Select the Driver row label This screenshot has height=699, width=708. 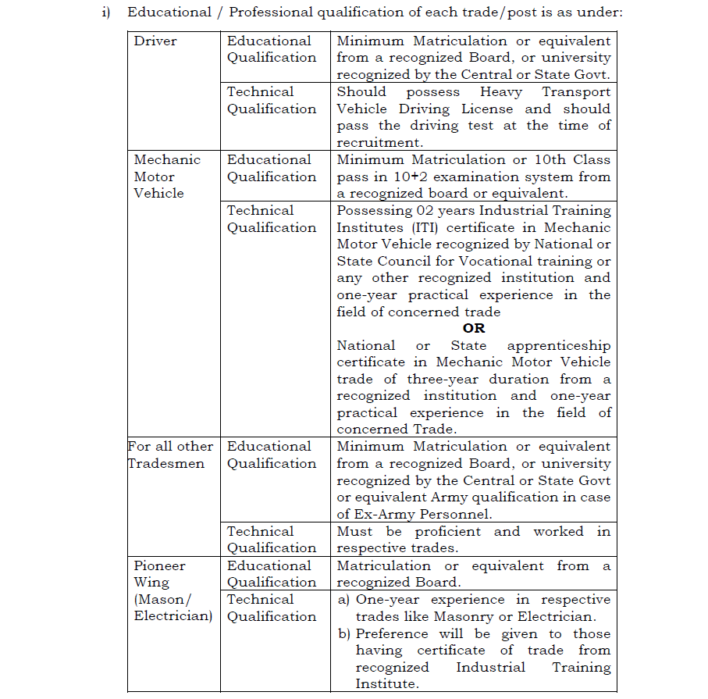155,41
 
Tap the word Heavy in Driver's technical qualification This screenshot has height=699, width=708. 501,92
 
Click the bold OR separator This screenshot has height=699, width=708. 473,329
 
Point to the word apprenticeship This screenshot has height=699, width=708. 559,346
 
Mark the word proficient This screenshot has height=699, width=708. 448,532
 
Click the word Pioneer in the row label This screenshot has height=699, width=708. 159,565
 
